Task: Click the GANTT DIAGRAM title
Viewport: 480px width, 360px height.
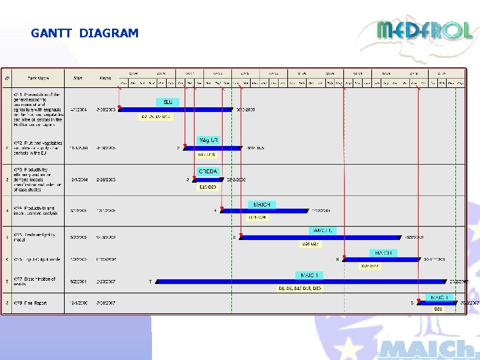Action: click(85, 33)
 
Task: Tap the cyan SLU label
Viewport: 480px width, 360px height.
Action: click(168, 102)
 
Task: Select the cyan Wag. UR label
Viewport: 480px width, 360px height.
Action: click(208, 140)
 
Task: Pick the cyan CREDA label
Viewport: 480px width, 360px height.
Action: click(208, 171)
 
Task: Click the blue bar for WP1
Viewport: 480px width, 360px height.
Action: click(175, 109)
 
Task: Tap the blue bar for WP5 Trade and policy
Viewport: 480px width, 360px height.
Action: click(321, 237)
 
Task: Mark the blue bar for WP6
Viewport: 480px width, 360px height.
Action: click(380, 259)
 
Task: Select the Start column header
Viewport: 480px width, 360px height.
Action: click(78, 79)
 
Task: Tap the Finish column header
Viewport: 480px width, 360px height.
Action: click(105, 79)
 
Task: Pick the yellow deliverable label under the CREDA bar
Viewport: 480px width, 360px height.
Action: click(208, 187)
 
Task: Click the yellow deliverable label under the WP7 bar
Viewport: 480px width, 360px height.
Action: click(299, 289)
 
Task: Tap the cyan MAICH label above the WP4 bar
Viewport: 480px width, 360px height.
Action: click(262, 204)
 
